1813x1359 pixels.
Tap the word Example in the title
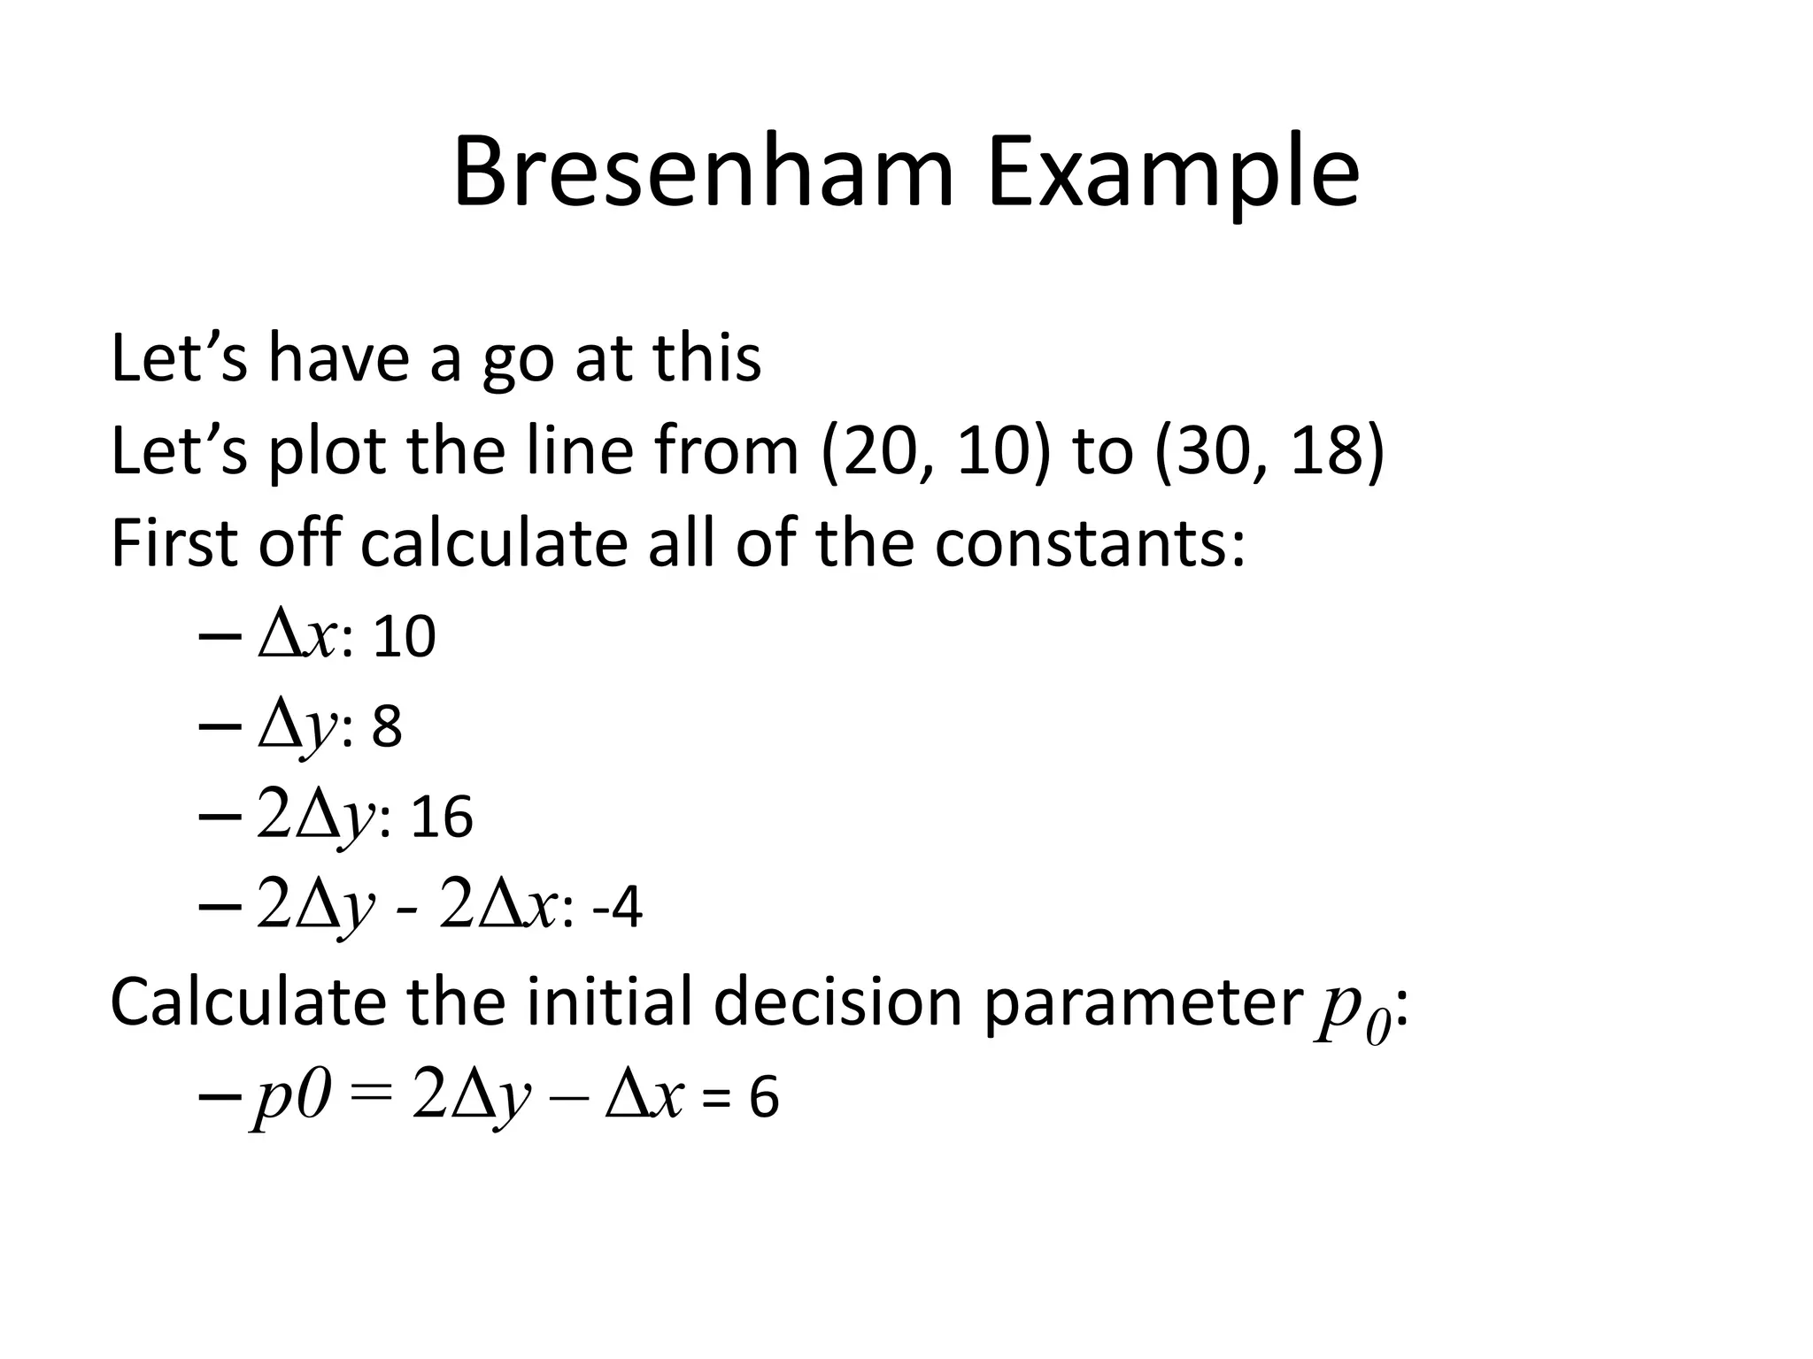point(1173,177)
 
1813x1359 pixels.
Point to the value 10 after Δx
point(405,637)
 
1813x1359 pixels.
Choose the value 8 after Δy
point(387,727)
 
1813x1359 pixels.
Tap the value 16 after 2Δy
point(442,818)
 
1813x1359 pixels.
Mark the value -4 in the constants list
point(616,909)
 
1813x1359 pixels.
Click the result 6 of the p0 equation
point(764,1098)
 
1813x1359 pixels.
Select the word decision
point(837,1002)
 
